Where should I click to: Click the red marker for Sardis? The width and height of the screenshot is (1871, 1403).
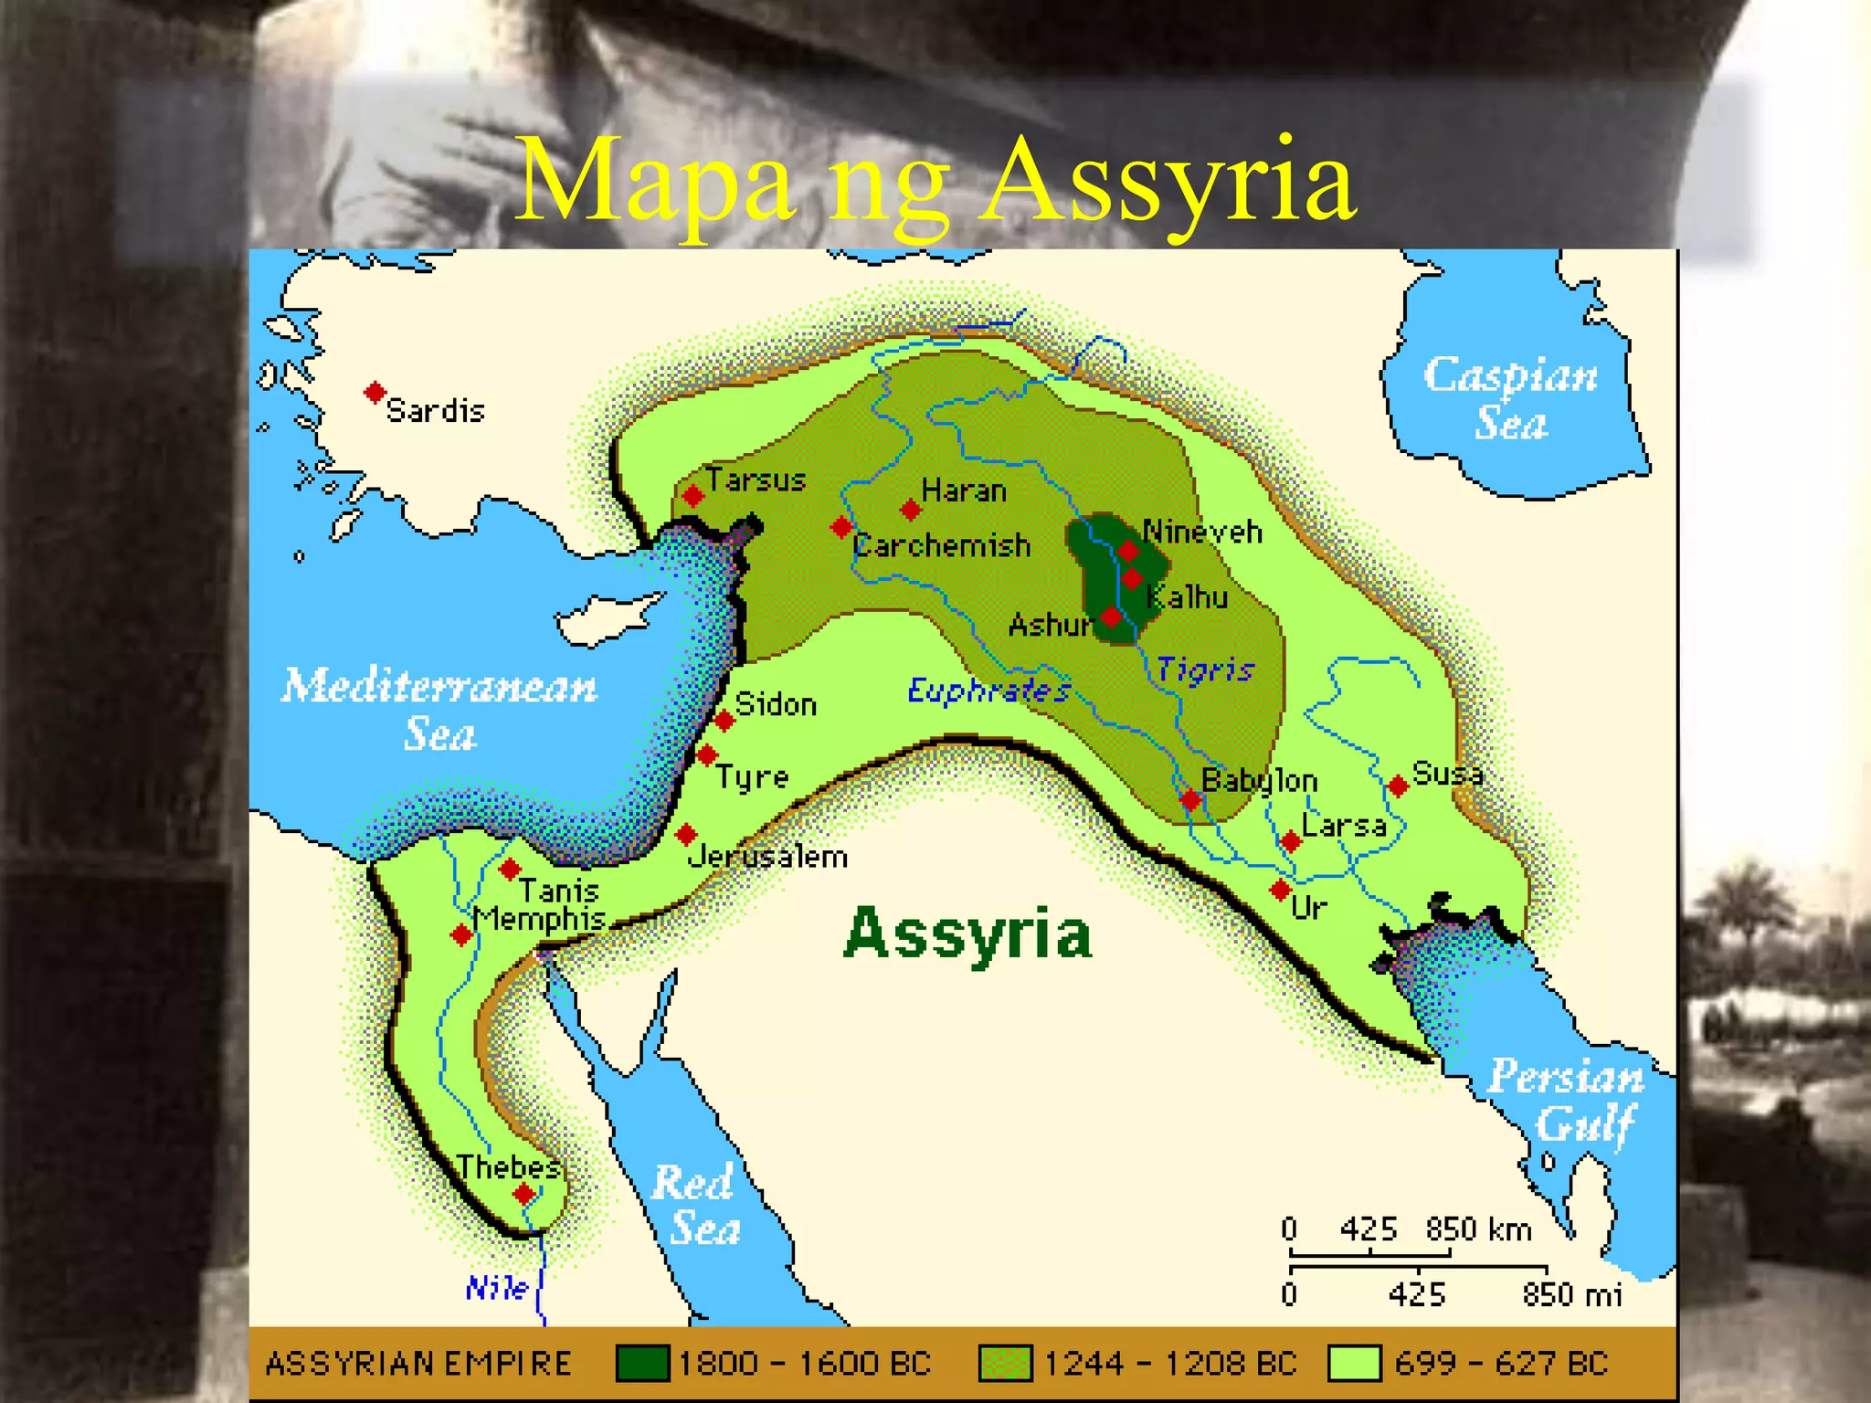click(374, 393)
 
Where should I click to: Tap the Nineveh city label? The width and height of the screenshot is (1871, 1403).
click(1202, 532)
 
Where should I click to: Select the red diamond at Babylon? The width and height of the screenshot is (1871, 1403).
click(1189, 800)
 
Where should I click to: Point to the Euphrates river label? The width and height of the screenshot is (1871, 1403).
click(988, 691)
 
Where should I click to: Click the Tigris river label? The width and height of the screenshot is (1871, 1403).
click(1205, 670)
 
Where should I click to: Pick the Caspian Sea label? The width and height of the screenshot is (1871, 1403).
click(1511, 398)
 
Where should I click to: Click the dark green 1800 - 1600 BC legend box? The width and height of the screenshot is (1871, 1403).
click(642, 1363)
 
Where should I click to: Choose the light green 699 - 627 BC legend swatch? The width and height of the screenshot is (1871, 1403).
click(1354, 1363)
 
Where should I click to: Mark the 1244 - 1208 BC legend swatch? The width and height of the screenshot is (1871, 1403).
click(1005, 1363)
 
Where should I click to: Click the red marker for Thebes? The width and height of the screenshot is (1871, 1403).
click(523, 1194)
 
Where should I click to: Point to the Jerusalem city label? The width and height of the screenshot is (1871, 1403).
click(767, 857)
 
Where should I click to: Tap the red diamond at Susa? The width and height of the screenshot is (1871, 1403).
click(1398, 786)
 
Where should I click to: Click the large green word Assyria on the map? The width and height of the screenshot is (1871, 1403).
click(967, 934)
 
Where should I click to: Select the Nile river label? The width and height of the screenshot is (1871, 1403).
click(497, 1288)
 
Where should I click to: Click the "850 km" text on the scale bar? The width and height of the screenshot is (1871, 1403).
click(1478, 1229)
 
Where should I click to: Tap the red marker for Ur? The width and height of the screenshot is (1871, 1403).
click(1281, 889)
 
